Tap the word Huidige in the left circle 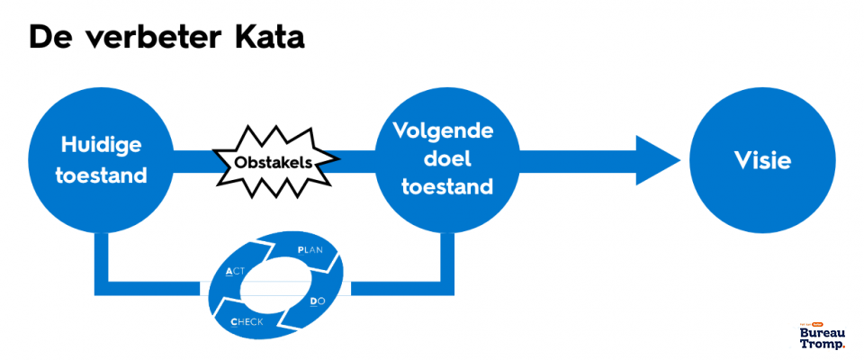pyautogui.click(x=102, y=145)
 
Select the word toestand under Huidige pyautogui.click(x=102, y=175)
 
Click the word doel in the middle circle pyautogui.click(x=443, y=159)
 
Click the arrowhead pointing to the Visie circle pyautogui.click(x=655, y=162)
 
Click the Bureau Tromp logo pyautogui.click(x=822, y=336)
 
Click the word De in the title pyautogui.click(x=48, y=37)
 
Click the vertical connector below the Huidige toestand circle pyautogui.click(x=102, y=261)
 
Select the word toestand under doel pyautogui.click(x=443, y=188)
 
